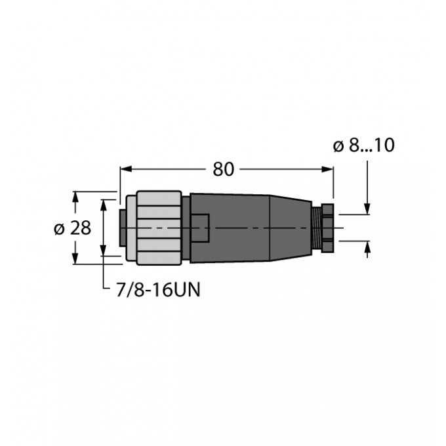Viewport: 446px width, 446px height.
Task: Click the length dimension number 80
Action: tap(224, 169)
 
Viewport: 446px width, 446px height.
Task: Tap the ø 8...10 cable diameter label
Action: tap(363, 146)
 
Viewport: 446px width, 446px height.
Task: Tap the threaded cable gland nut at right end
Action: tap(324, 228)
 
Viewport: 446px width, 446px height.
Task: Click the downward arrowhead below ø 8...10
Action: tap(367, 209)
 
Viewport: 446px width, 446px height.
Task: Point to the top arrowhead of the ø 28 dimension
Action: tap(77, 196)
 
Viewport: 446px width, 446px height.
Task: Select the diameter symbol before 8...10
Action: tap(339, 146)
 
